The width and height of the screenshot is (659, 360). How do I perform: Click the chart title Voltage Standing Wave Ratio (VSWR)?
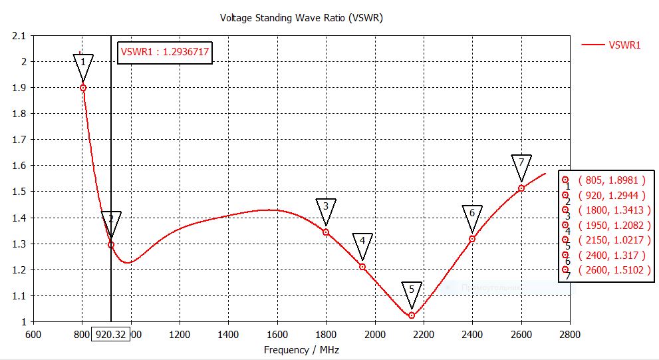301,18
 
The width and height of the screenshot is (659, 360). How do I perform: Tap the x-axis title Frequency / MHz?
301,349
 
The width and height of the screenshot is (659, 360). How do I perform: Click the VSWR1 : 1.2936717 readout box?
165,53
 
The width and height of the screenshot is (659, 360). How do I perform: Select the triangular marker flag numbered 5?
412,291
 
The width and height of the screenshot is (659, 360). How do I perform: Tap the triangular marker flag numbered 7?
522,164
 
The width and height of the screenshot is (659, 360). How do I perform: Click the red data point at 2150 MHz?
412,315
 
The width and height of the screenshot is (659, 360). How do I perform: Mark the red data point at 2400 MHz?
472,239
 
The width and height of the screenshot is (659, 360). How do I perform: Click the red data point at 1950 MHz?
362,267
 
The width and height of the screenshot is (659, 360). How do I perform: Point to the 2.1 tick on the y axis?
19,35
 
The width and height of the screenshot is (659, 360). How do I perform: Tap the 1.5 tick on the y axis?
19,192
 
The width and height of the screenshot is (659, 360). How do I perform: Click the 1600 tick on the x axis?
277,334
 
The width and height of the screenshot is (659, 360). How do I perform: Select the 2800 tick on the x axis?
570,334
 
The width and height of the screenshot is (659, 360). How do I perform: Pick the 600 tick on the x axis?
34,334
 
